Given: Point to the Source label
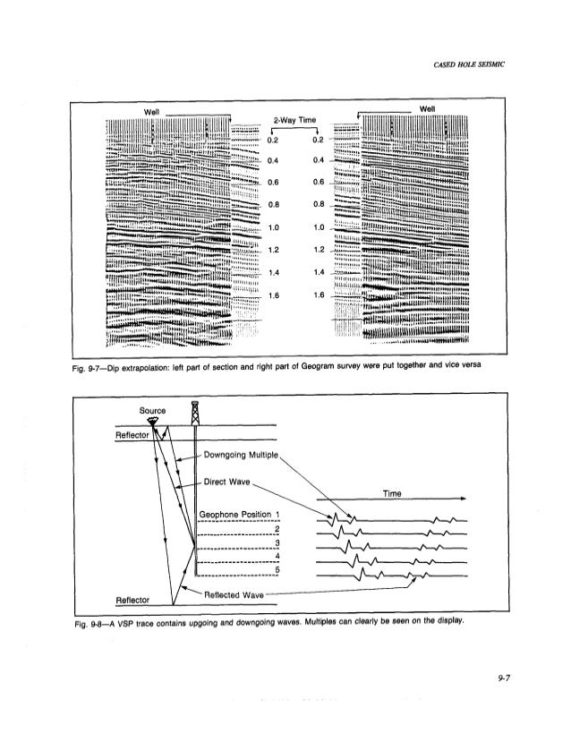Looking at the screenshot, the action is coord(154,410).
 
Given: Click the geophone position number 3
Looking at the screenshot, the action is coord(278,543).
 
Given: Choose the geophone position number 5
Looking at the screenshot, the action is coord(278,570).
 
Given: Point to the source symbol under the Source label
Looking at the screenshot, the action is coord(154,421).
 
